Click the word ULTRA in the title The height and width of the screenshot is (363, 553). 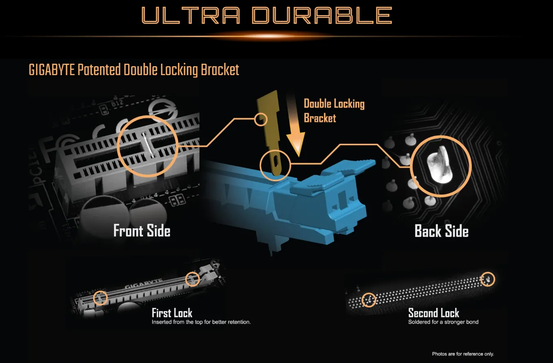190,16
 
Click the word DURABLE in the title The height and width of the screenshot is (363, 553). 322,16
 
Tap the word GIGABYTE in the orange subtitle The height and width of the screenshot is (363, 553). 52,70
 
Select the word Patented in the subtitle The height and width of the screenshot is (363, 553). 99,70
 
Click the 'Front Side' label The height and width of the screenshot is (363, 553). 142,231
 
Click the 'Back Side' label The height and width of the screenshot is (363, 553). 441,231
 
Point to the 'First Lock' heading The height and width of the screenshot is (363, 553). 172,313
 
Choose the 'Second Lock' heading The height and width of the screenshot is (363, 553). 434,313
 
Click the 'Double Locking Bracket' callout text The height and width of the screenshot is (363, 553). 334,111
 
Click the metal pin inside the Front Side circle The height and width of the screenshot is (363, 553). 148,145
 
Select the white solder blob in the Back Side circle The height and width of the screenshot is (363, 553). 440,165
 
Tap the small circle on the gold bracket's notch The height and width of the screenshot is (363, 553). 261,120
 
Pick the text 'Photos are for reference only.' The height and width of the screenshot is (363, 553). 463,354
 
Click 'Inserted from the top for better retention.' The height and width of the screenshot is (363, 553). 201,322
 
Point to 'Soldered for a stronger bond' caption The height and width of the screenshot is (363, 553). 443,322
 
